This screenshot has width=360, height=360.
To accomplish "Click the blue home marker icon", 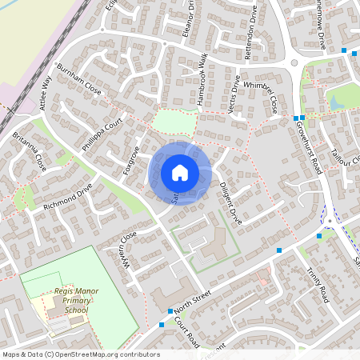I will (x=180, y=173).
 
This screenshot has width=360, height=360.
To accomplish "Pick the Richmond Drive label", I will (x=69, y=195).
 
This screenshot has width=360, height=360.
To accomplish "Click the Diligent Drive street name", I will (x=230, y=202).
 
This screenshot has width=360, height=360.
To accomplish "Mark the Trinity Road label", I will (x=318, y=284).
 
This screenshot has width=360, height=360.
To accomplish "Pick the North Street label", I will (x=193, y=303).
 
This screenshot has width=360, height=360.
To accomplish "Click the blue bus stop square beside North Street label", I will (x=170, y=311).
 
